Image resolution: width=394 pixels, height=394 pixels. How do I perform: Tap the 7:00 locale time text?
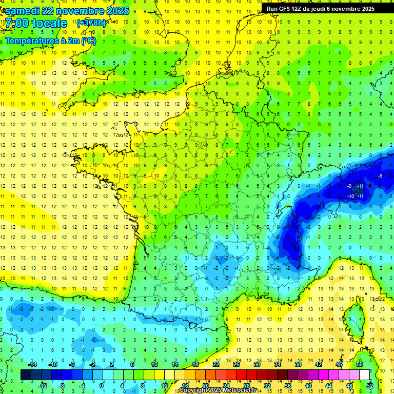click(36, 23)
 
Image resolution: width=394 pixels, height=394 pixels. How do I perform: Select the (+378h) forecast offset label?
click(91, 23)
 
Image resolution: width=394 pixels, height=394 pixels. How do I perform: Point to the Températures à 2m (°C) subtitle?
click(51, 41)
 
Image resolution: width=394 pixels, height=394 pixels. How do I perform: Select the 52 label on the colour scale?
click(369, 386)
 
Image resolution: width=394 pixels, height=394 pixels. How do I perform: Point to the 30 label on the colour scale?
click(257, 364)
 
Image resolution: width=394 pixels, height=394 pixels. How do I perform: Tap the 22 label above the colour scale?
click(216, 364)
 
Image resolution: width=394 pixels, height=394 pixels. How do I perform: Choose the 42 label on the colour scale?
click(318, 364)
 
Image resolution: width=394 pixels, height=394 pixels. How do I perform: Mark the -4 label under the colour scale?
click(82, 386)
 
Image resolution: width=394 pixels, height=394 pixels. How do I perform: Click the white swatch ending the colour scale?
click(364, 375)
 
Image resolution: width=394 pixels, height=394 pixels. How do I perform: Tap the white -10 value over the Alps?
click(350, 196)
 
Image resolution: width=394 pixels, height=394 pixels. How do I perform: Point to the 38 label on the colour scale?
click(298, 364)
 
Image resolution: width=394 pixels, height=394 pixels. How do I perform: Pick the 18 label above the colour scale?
click(195, 364)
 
